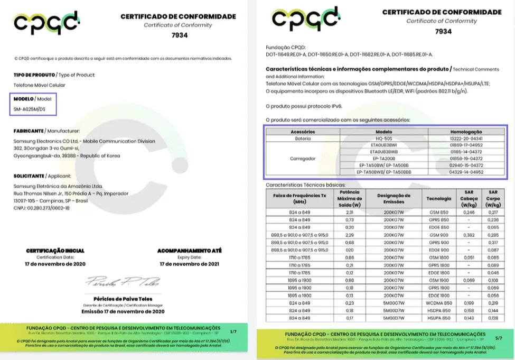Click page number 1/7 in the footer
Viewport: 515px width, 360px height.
[233, 331]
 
